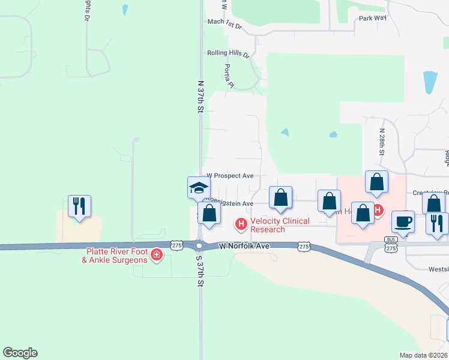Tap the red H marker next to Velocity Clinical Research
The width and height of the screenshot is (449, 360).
click(x=241, y=224)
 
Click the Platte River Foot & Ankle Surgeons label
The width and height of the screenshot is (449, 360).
click(x=116, y=256)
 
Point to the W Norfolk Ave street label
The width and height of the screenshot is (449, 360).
click(x=245, y=246)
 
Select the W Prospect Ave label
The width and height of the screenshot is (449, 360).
click(x=230, y=176)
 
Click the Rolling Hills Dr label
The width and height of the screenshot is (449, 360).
click(x=228, y=53)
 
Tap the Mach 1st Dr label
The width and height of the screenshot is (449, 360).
click(x=224, y=23)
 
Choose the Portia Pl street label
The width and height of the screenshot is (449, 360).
click(x=228, y=76)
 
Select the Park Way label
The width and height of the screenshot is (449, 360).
click(x=373, y=18)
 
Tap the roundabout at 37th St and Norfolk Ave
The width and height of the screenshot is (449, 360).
click(x=199, y=246)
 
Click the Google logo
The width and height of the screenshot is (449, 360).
click(x=20, y=353)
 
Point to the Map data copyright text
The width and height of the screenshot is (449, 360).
click(x=424, y=355)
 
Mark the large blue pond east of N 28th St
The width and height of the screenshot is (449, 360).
click(x=430, y=82)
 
